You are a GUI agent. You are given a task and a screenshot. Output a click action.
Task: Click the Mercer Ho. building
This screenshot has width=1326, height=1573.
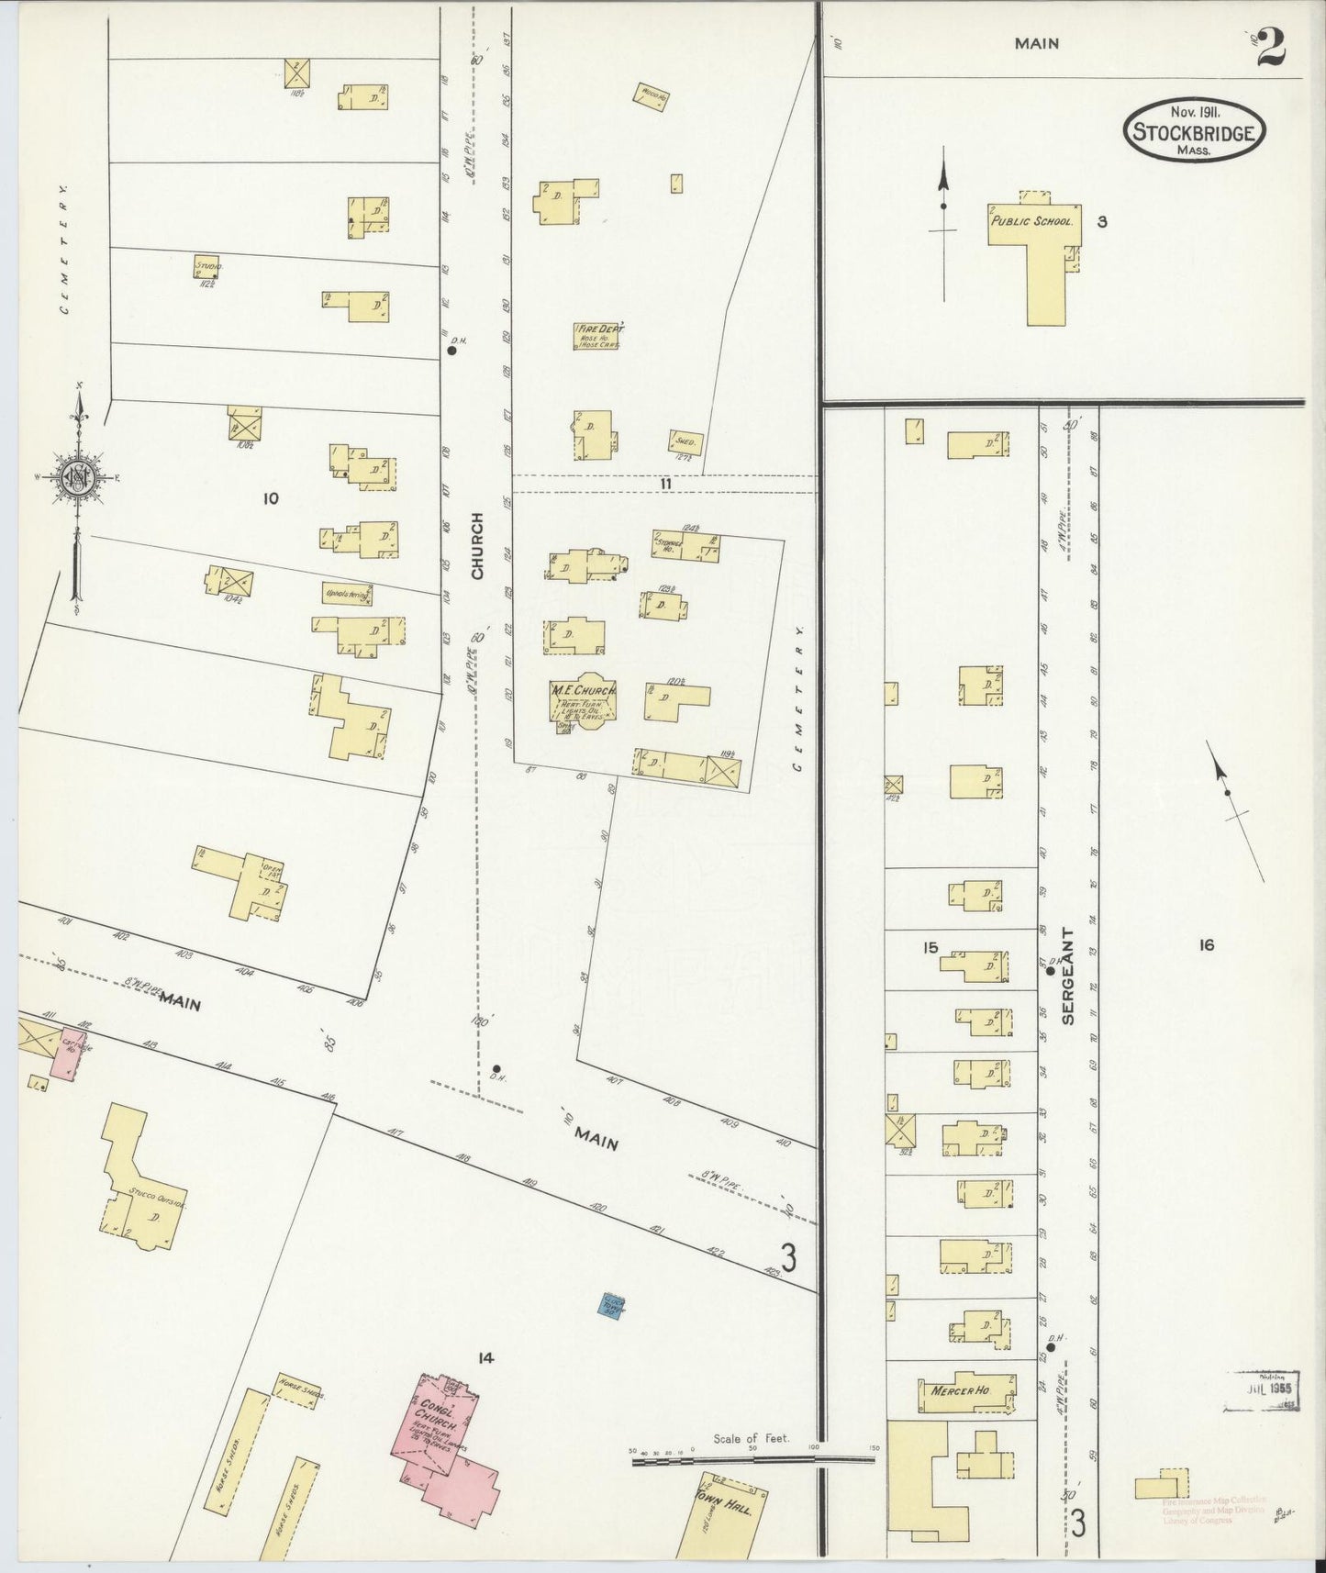[966, 1391]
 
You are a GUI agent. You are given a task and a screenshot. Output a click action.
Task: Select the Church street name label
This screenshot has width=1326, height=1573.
[476, 559]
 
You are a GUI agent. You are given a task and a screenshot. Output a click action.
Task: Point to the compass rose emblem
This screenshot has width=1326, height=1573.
[78, 476]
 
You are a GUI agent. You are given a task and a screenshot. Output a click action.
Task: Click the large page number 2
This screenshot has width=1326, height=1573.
[1270, 49]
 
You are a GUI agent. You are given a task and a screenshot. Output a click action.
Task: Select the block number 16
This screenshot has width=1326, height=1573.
[1205, 944]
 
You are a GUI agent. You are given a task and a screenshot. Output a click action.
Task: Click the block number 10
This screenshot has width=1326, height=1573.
[270, 498]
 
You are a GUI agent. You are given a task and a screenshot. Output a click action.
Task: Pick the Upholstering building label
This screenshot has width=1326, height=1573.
[347, 595]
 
